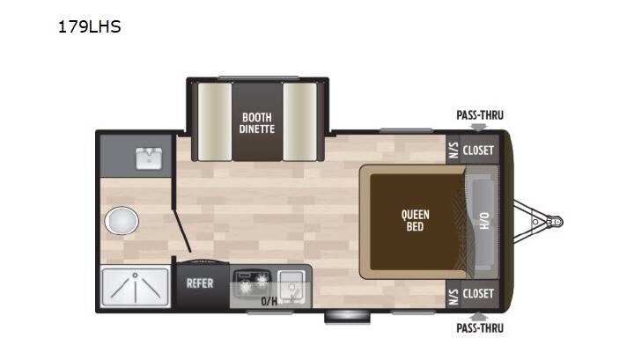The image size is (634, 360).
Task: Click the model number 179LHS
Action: [x=89, y=26]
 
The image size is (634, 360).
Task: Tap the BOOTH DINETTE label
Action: [x=257, y=123]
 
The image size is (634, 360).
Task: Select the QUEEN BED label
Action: [x=416, y=221]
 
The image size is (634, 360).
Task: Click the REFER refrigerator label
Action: [x=200, y=283]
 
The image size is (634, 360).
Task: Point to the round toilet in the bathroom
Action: [x=122, y=221]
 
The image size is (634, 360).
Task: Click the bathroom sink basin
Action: [x=149, y=158]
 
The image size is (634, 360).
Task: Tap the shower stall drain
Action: [x=135, y=276]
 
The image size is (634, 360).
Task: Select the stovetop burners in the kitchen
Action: [x=253, y=283]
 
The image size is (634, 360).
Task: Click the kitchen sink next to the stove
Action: [x=291, y=286]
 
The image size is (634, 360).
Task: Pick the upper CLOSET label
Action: [x=478, y=151]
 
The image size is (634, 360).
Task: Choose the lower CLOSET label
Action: [x=478, y=294]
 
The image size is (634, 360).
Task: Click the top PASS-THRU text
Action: [x=480, y=115]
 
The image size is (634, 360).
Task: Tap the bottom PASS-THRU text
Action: [x=480, y=328]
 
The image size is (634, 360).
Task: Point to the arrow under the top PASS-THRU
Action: [x=479, y=128]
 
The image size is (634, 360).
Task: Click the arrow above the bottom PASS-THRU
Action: [x=479, y=316]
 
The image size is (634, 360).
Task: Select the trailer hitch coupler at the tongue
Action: [x=556, y=222]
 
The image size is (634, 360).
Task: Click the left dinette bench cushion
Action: [x=215, y=121]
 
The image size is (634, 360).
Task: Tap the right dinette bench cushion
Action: [x=299, y=121]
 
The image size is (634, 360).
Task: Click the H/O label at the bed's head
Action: [x=484, y=221]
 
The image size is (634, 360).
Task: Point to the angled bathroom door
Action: [x=182, y=231]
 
